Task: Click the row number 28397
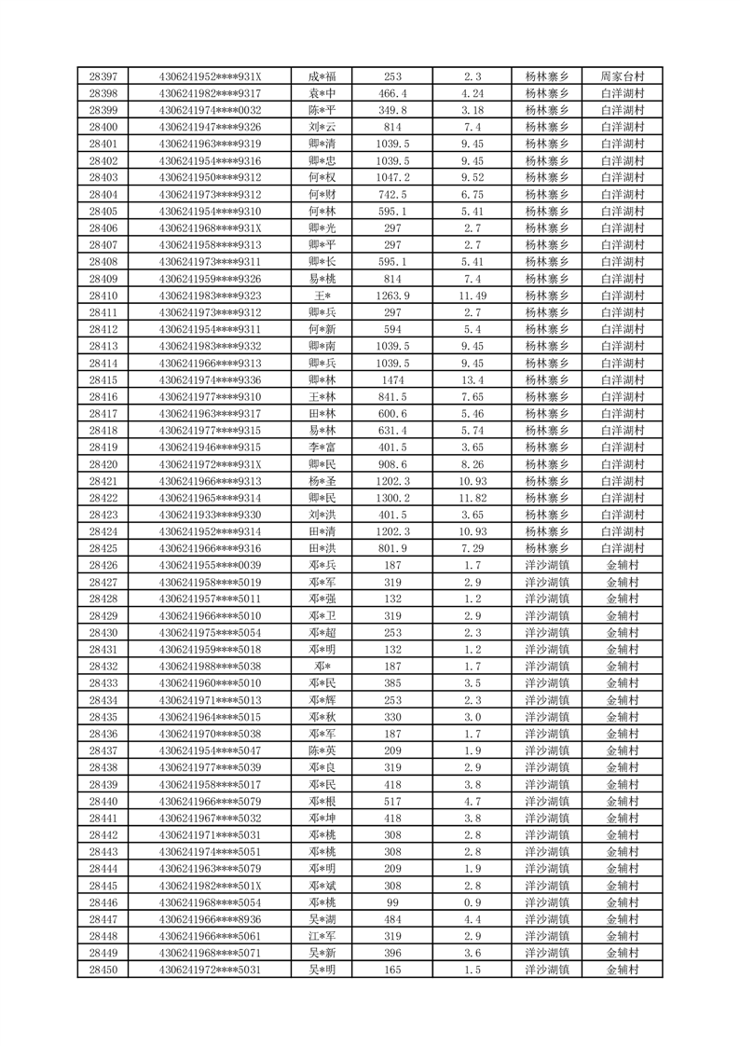click(x=103, y=76)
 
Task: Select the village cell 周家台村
click(x=623, y=76)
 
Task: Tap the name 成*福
click(x=322, y=76)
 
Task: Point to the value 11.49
click(x=473, y=296)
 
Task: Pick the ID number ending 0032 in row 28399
click(x=211, y=110)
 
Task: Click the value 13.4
click(x=473, y=379)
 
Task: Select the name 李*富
click(x=322, y=447)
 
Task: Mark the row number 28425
click(x=103, y=548)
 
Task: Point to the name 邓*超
click(x=322, y=632)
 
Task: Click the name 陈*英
click(x=322, y=750)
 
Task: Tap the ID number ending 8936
click(x=211, y=919)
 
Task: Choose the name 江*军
click(x=322, y=936)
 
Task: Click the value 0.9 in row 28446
click(x=473, y=902)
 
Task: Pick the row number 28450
click(x=103, y=970)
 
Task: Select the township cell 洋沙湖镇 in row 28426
click(x=547, y=565)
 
